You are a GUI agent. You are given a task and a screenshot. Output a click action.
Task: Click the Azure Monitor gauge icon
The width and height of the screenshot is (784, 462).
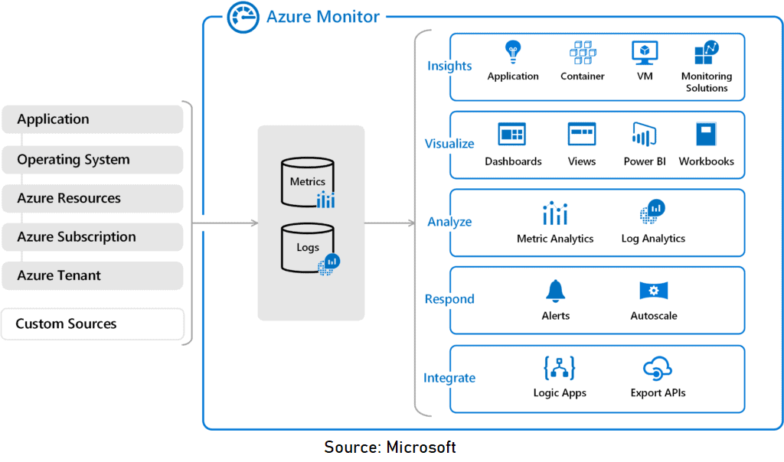click(x=243, y=17)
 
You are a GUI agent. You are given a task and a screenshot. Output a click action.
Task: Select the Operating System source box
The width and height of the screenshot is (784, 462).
click(x=92, y=160)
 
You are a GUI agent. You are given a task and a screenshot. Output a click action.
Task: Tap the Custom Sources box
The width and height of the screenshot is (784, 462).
click(x=92, y=324)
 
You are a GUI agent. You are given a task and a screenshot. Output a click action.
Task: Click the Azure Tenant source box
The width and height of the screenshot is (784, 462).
click(x=92, y=275)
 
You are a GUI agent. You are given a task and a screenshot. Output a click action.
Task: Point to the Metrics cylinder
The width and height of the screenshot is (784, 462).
click(x=307, y=182)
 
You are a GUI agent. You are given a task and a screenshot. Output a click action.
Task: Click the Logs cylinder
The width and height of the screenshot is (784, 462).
click(x=307, y=247)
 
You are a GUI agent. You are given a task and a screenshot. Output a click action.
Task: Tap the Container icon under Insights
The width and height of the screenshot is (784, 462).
click(x=582, y=53)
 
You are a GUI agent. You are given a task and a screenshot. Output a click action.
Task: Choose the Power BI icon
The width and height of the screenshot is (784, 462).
click(x=644, y=135)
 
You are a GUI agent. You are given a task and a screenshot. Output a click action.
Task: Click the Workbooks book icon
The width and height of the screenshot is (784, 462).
click(x=706, y=135)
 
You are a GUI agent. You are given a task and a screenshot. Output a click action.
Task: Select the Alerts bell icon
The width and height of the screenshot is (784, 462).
click(x=555, y=291)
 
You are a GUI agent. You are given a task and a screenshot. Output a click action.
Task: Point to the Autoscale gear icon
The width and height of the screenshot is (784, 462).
click(x=653, y=291)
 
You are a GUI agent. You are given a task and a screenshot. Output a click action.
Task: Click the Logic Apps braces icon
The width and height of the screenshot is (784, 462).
click(x=559, y=369)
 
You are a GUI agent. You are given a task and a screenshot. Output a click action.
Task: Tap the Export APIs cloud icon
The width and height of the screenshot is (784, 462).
click(x=657, y=369)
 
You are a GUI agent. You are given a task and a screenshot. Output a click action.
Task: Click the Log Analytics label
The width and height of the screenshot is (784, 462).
click(x=653, y=239)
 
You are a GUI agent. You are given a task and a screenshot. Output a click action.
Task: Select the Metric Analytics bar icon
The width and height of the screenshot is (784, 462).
click(x=554, y=213)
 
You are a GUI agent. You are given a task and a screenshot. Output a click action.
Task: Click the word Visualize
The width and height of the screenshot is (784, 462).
click(x=449, y=144)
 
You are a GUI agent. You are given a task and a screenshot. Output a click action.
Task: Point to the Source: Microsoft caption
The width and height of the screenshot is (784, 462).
click(x=390, y=447)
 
